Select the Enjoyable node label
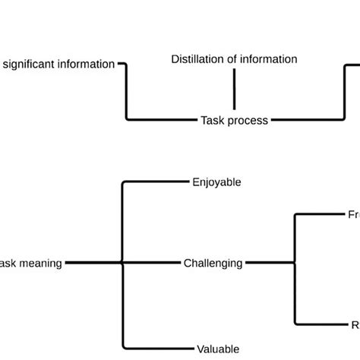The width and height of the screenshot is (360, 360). pos(216,182)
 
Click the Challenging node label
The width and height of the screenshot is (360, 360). pos(213,264)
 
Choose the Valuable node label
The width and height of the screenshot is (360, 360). pos(219,349)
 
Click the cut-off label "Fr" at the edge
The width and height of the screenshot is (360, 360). pos(353,215)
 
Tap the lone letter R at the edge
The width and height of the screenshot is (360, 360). pos(355,325)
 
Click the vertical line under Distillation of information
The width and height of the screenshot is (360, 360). pos(234,89)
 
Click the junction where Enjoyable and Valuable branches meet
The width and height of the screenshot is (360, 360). pos(122,264)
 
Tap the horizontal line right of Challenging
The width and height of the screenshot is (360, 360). pos(270,264)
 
